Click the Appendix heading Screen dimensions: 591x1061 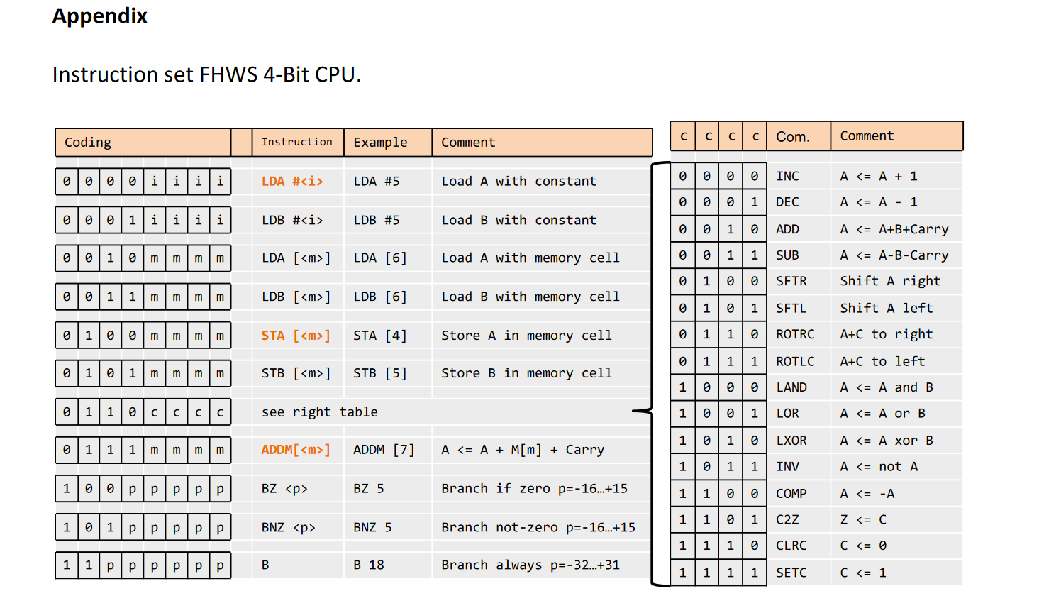99,16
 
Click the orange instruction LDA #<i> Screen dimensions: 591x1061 292,182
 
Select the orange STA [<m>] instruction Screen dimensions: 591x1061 296,336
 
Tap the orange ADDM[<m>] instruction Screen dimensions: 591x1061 296,450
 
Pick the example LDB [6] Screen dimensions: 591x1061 380,297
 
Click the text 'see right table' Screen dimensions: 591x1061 319,412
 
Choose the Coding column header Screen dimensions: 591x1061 88,143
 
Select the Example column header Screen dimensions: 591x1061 380,143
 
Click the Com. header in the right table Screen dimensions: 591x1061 792,137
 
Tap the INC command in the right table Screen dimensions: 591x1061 787,176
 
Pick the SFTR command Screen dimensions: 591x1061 791,281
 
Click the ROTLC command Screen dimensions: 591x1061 795,361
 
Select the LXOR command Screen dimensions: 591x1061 791,441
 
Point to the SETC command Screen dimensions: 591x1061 791,573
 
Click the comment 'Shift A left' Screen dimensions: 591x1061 887,308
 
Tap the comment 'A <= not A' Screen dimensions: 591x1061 879,467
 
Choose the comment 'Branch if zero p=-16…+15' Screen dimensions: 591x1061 534,489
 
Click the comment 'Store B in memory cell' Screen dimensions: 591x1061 526,373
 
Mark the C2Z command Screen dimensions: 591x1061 787,519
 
